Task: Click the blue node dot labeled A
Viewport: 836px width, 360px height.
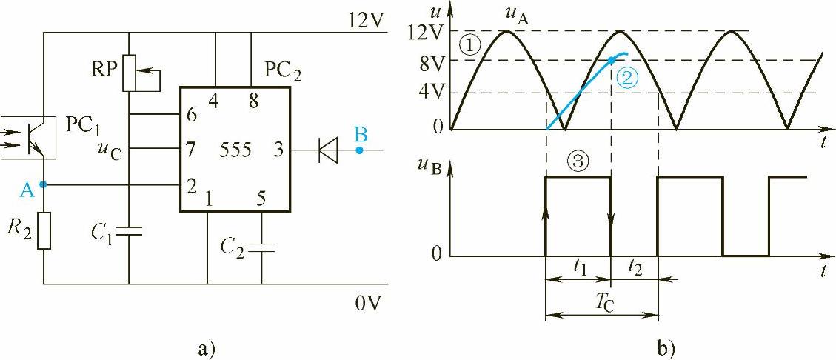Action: (44, 184)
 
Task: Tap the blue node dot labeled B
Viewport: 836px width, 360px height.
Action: (359, 150)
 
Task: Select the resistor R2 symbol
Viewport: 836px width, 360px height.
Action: (44, 230)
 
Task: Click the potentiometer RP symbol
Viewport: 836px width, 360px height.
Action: (130, 73)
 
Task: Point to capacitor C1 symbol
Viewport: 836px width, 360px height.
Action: (130, 232)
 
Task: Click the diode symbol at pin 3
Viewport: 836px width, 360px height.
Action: (324, 150)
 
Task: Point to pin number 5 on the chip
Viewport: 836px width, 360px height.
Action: (259, 199)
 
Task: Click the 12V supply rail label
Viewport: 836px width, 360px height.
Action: (366, 20)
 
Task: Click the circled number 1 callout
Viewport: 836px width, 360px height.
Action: (469, 46)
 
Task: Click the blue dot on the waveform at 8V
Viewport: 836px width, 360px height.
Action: (611, 61)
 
